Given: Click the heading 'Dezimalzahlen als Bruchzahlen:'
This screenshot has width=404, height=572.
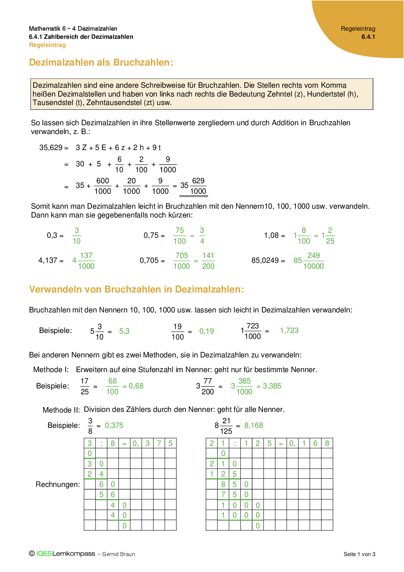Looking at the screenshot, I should (101, 62).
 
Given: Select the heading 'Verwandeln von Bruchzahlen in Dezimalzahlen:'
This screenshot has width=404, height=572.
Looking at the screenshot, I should (137, 289).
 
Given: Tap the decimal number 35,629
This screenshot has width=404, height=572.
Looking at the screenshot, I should (51, 148).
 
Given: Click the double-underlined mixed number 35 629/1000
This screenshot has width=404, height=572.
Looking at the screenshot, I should (194, 186).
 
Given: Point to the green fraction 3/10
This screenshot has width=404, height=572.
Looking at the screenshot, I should (77, 236).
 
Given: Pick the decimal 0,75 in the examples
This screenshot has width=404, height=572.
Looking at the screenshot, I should (151, 235).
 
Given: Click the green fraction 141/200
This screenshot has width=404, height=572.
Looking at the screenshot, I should (208, 261).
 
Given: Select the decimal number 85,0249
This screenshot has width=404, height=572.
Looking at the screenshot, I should (265, 261).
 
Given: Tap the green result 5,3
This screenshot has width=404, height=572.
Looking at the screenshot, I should (124, 331).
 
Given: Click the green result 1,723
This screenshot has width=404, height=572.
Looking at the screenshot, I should (289, 331).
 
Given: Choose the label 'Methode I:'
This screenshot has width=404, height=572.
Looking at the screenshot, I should (51, 370).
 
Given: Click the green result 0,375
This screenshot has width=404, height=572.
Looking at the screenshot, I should (114, 426).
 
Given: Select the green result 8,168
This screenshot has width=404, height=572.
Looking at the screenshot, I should (253, 426).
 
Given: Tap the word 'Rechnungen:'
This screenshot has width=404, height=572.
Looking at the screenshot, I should (58, 485).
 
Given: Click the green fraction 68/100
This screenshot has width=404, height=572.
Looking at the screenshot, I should (112, 386).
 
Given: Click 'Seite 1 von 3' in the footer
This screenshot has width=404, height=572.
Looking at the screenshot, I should (359, 554).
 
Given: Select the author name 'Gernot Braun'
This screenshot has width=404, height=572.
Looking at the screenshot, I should (119, 554).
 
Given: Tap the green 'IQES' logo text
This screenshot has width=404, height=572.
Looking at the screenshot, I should (44, 554).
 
